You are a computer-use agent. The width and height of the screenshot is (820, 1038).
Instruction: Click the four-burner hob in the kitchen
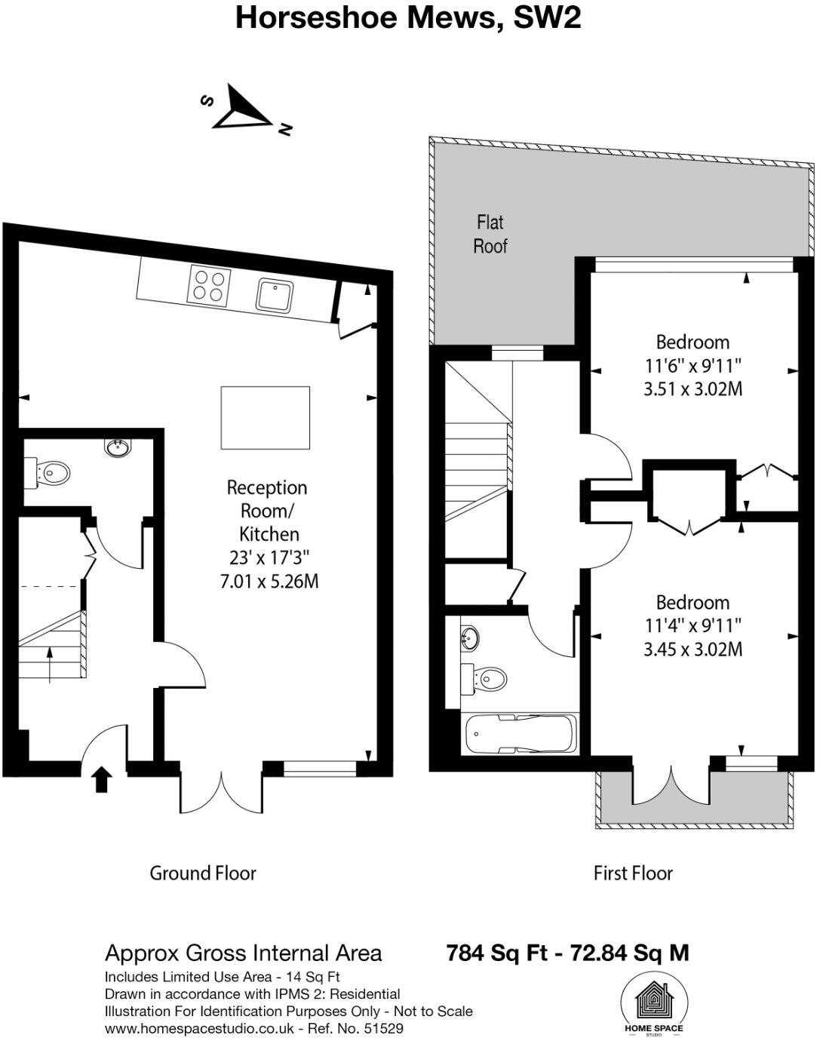210,286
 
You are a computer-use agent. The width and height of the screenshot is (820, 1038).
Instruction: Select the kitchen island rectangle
265,416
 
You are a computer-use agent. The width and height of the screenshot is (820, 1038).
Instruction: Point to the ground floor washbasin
118,448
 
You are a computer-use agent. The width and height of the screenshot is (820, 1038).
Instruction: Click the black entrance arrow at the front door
100,780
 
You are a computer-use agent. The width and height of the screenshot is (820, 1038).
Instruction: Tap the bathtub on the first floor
521,734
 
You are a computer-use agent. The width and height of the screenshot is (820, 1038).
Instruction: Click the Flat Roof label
490,234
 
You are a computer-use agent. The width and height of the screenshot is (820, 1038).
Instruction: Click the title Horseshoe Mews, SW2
408,17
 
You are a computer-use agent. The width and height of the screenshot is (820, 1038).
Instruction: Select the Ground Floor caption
203,873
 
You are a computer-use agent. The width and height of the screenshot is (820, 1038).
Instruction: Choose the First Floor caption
632,873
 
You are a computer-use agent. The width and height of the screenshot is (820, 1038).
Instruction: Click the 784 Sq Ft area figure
496,953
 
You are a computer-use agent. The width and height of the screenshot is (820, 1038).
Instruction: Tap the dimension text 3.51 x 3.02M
693,389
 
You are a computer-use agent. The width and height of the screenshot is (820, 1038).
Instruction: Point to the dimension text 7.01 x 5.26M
269,582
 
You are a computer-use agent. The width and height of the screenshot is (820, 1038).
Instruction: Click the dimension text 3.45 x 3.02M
693,649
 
